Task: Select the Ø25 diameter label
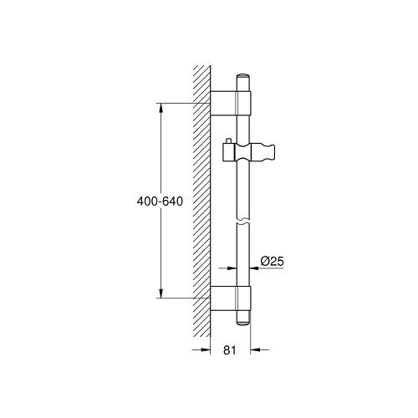[x=273, y=262]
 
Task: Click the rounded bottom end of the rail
[x=243, y=319]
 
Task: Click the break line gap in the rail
[x=243, y=224]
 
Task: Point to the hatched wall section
[x=201, y=201]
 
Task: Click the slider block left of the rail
[x=228, y=153]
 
